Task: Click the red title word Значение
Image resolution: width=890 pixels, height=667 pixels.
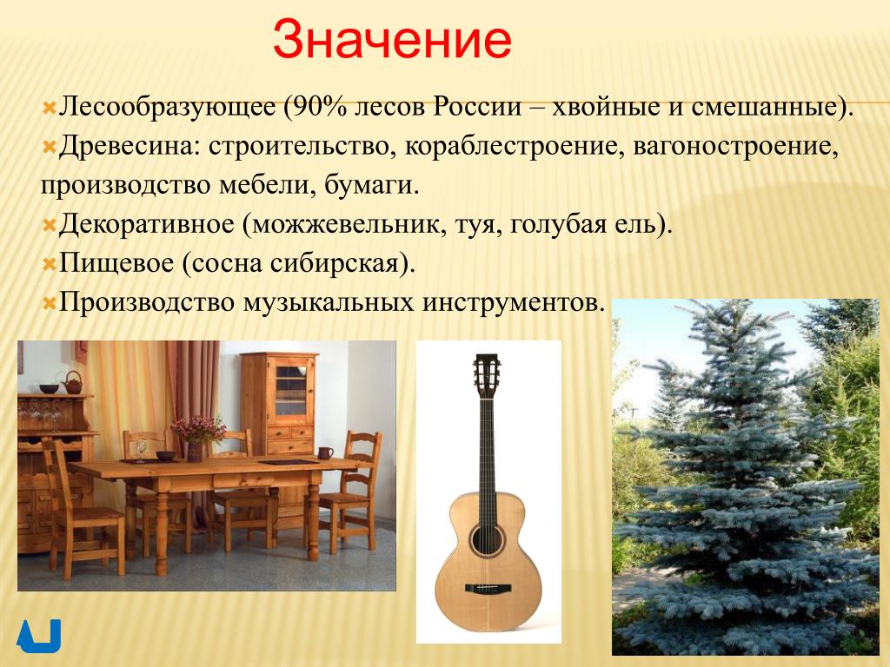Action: click(x=392, y=40)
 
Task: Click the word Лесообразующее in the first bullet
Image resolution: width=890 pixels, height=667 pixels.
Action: click(x=167, y=108)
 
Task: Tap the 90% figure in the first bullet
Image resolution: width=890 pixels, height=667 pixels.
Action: click(x=319, y=107)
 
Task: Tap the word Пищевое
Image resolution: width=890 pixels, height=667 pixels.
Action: click(x=116, y=264)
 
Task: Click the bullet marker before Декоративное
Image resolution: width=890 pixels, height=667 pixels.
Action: click(x=50, y=226)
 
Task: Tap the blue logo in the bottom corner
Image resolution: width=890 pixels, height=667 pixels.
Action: click(x=38, y=636)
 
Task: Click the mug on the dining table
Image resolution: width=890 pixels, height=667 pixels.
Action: click(x=325, y=452)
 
